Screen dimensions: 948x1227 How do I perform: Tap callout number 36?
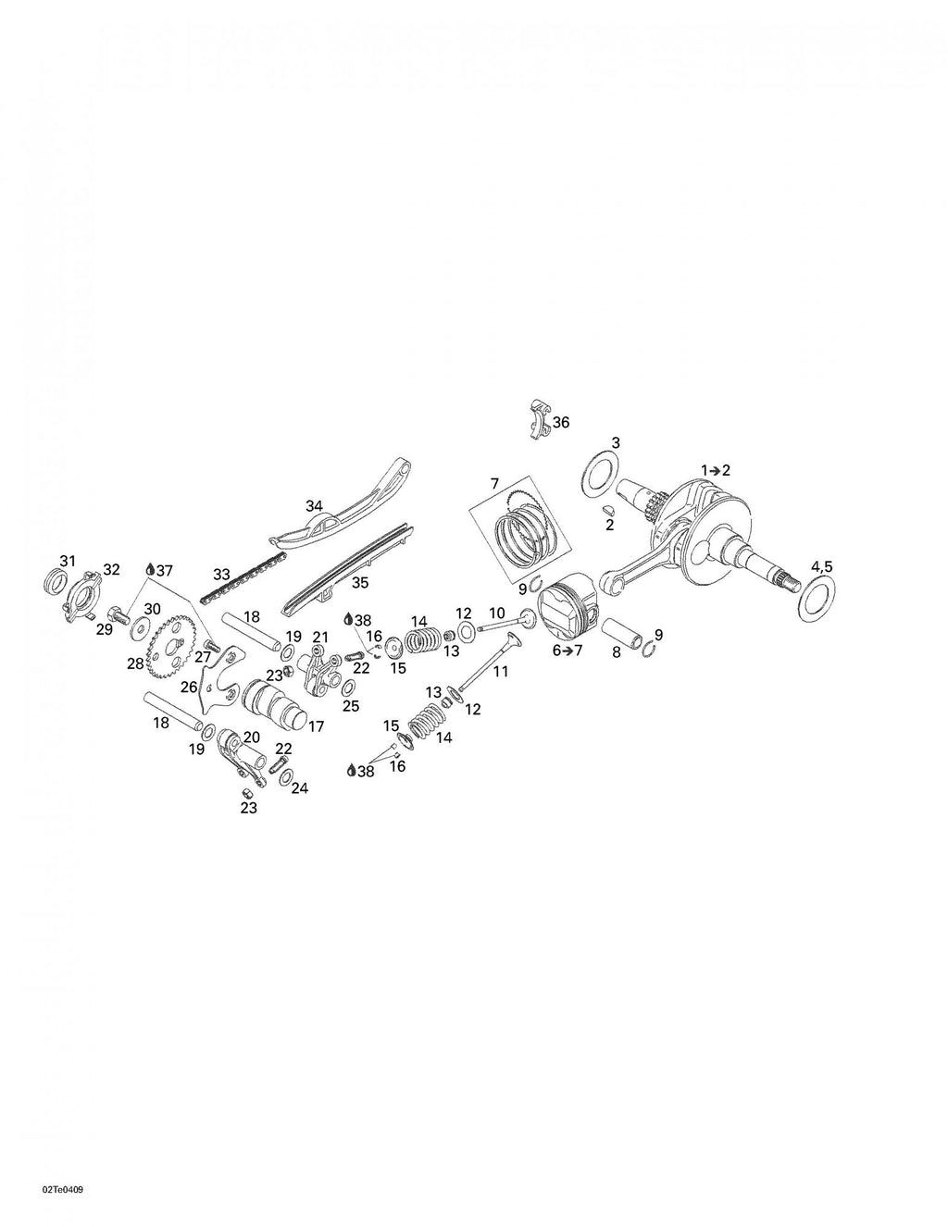[561, 422]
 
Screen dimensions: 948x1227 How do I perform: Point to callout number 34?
[314, 505]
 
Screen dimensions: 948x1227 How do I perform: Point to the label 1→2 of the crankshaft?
[716, 470]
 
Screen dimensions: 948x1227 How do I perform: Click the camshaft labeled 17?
[275, 700]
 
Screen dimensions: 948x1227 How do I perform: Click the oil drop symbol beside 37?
[150, 570]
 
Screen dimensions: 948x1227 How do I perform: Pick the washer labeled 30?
[140, 629]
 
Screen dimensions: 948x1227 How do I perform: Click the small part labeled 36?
[540, 419]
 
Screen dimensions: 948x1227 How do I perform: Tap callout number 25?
[351, 706]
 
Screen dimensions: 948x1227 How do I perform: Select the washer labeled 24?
[286, 776]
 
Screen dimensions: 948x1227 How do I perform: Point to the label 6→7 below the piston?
[568, 651]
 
